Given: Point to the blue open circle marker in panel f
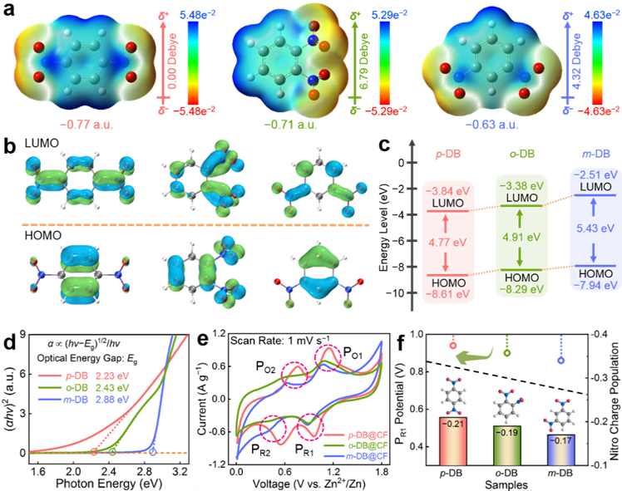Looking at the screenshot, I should pos(561,361).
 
